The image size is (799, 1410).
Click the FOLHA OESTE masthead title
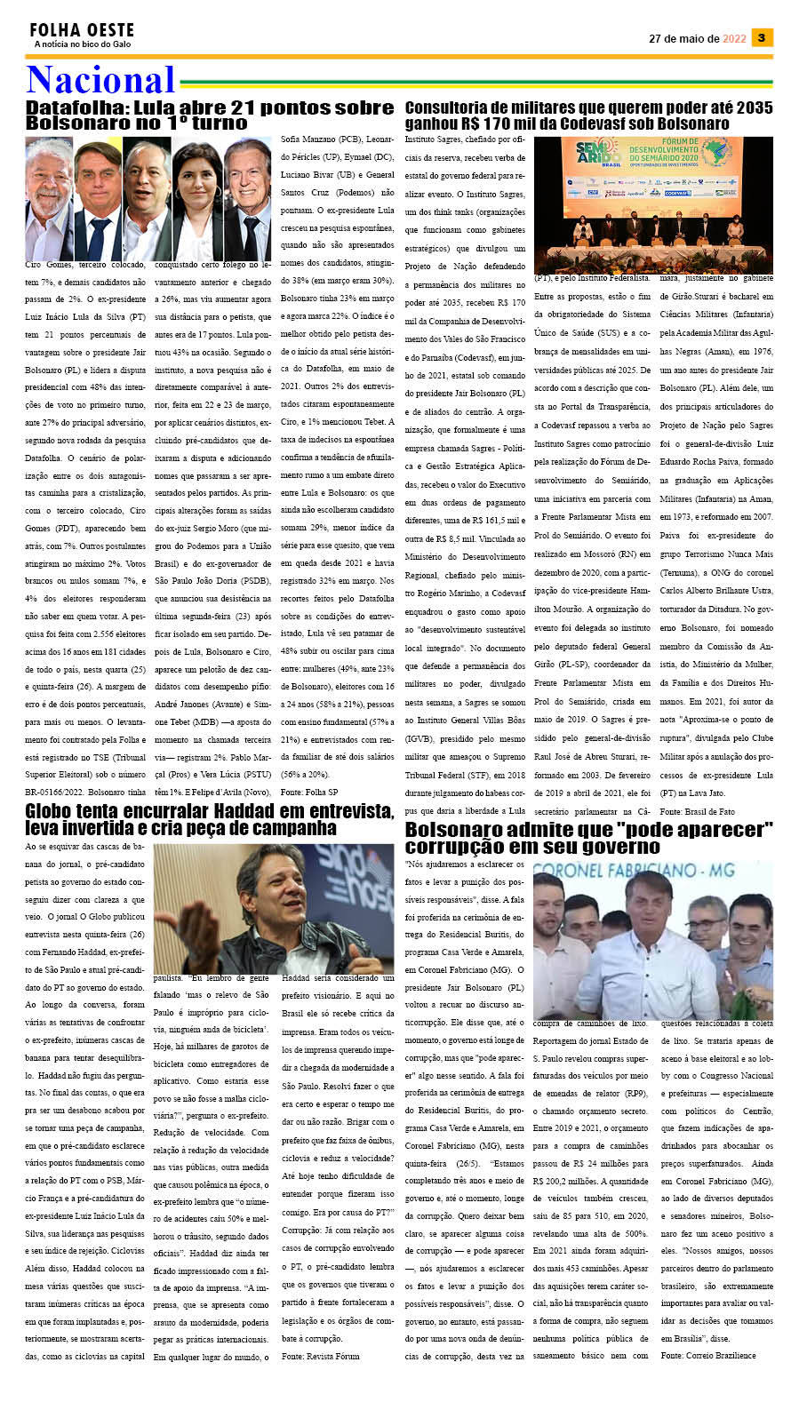tap(82, 30)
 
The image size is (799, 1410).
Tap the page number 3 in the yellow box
tap(762, 38)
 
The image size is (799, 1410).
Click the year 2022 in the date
tap(734, 39)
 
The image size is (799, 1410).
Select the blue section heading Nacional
tap(100, 80)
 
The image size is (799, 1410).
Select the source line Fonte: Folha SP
tap(308, 792)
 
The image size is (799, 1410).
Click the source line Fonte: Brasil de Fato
tap(697, 811)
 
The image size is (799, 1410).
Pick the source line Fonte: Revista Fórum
tap(320, 1356)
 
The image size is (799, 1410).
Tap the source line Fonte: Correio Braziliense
tap(707, 1355)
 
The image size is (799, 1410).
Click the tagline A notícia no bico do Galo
tap(82, 44)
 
